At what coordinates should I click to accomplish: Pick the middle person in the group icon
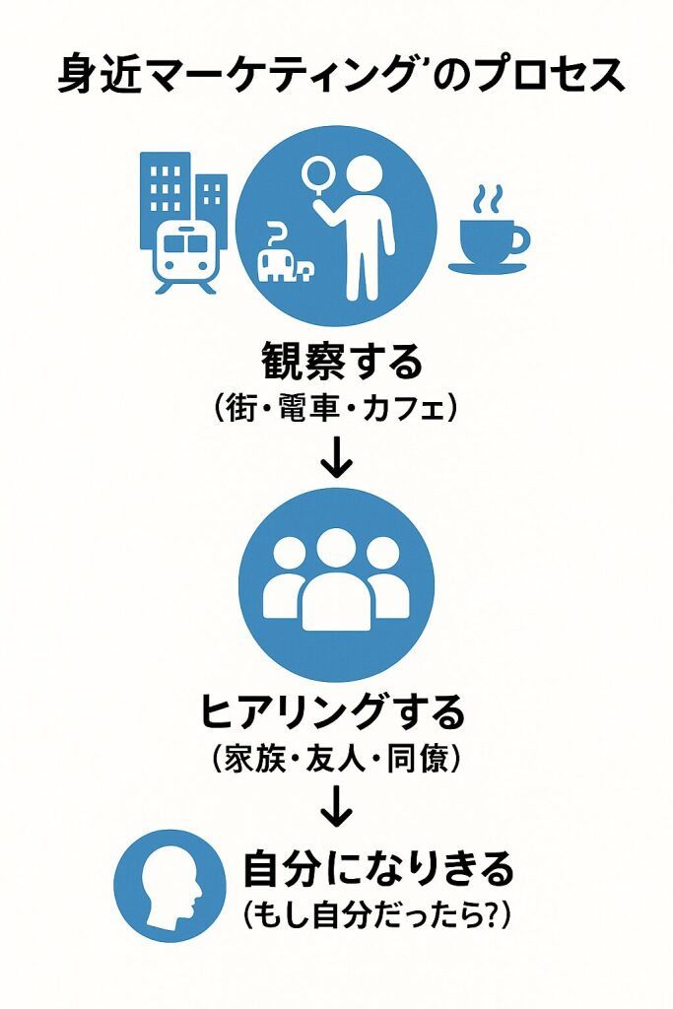click(x=336, y=582)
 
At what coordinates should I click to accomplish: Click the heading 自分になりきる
click(x=378, y=869)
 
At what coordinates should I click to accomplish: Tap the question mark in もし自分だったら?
click(x=485, y=916)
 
